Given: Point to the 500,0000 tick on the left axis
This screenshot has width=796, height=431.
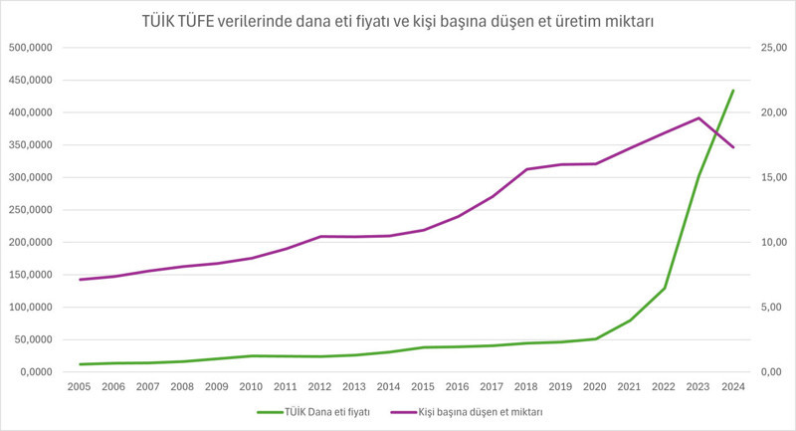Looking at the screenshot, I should click(35, 48).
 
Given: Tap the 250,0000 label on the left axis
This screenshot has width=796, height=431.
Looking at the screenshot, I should click(35, 210).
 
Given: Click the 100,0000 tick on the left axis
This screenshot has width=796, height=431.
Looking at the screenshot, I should click(35, 308).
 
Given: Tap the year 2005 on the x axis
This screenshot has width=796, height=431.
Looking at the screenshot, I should click(80, 387).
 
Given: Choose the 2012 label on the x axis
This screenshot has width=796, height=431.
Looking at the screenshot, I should click(320, 387).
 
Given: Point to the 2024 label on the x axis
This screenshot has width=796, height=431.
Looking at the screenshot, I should click(733, 387).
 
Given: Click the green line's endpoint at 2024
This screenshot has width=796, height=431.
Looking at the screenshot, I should click(733, 91).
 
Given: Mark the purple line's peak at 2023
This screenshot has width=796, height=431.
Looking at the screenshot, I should click(699, 118).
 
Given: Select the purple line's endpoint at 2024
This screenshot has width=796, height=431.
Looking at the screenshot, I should click(733, 147).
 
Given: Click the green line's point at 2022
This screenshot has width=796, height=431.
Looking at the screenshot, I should click(665, 288).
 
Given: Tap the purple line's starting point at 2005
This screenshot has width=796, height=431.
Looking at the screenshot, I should click(80, 280).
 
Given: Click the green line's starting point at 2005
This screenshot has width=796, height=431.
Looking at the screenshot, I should click(80, 364).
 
